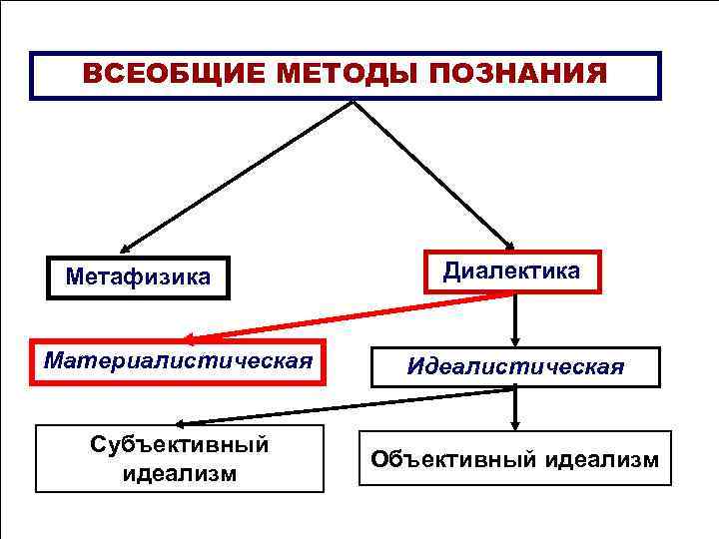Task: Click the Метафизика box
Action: [138, 275]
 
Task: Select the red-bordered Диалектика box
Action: [511, 270]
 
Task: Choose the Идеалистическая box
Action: [515, 367]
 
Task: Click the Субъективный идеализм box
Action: [180, 458]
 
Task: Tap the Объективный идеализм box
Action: [515, 459]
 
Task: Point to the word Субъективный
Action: [180, 443]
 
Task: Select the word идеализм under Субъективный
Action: [180, 473]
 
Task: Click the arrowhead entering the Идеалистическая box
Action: [515, 339]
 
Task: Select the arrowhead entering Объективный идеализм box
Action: [515, 423]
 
